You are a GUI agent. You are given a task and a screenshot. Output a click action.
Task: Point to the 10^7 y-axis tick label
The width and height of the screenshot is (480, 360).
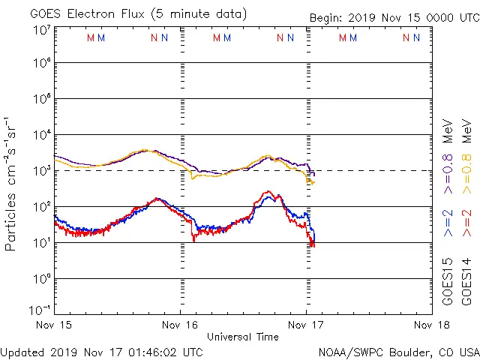pyautogui.click(x=41, y=29)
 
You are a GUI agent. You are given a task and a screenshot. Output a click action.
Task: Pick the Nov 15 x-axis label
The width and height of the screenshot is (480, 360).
pyautogui.click(x=54, y=325)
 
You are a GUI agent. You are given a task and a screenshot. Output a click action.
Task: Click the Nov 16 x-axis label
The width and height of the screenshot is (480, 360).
pyautogui.click(x=180, y=325)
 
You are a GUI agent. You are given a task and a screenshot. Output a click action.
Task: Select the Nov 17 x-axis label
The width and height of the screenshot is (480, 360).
pyautogui.click(x=306, y=325)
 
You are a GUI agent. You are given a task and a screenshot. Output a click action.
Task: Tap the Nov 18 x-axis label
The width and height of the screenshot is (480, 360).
pyautogui.click(x=432, y=325)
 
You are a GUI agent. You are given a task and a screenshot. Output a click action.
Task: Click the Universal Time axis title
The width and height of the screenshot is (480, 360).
pyautogui.click(x=243, y=337)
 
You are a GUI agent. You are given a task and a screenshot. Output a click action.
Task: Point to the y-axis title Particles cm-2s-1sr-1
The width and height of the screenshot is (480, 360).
pyautogui.click(x=10, y=183)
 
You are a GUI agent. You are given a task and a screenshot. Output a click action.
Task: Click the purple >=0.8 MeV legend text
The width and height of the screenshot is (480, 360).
pyautogui.click(x=448, y=154)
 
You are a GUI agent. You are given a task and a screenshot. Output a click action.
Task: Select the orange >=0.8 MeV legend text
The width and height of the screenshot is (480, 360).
pyautogui.click(x=466, y=154)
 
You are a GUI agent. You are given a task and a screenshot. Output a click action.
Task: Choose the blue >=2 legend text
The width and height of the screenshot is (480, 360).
pyautogui.click(x=448, y=223)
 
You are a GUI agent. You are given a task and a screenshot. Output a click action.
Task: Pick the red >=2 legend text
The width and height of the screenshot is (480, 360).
pyautogui.click(x=466, y=223)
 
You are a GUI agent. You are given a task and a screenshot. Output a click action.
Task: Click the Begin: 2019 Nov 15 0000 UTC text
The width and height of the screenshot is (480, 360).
pyautogui.click(x=393, y=18)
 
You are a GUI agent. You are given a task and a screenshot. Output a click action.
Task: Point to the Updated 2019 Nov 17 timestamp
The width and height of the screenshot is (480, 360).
pyautogui.click(x=102, y=351)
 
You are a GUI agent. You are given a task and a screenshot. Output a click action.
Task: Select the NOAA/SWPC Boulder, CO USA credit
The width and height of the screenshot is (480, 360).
pyautogui.click(x=397, y=351)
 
